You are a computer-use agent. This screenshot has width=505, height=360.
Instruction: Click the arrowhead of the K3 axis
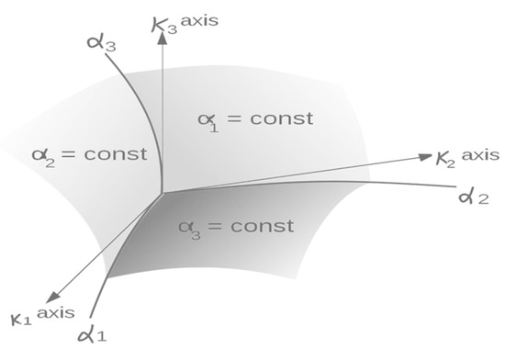pyautogui.click(x=163, y=47)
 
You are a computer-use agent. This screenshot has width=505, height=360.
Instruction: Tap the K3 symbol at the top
pyautogui.click(x=166, y=24)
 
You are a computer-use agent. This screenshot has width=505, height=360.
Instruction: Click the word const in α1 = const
pyautogui.click(x=281, y=118)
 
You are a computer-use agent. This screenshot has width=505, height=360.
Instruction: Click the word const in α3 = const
pyautogui.click(x=262, y=226)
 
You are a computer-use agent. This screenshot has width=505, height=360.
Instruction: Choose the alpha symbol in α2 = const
pyautogui.click(x=43, y=154)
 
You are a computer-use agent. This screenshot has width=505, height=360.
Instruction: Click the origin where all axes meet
pyautogui.click(x=163, y=193)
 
